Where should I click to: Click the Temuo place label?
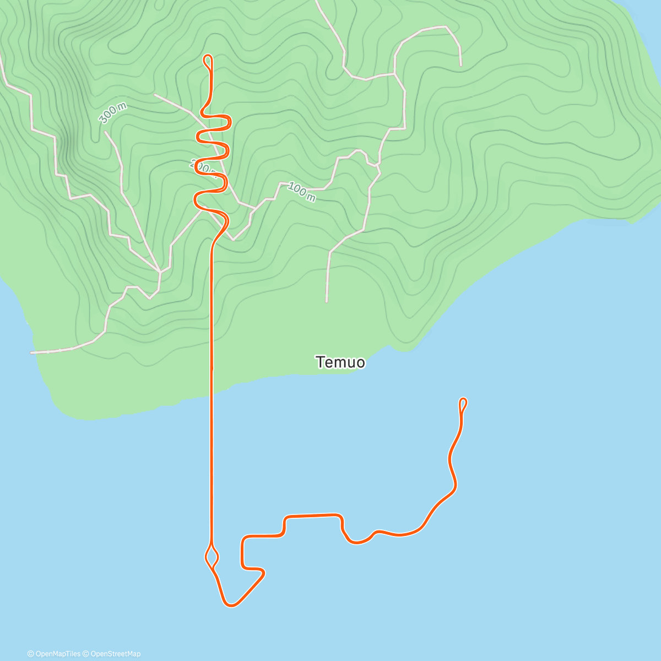tap(340, 362)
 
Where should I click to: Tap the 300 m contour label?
tap(112, 113)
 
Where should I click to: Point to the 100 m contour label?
tap(302, 192)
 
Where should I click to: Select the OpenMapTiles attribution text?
tap(54, 654)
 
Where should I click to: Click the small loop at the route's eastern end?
tap(463, 404)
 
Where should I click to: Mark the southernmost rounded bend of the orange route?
tap(231, 605)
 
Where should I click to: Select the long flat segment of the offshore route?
tap(312, 516)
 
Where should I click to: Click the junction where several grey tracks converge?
tap(160, 272)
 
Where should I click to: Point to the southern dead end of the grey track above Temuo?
tap(327, 301)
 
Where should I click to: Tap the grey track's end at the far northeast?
tap(460, 65)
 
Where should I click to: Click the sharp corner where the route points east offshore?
tap(264, 573)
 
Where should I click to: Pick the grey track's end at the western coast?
tap(31, 352)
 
